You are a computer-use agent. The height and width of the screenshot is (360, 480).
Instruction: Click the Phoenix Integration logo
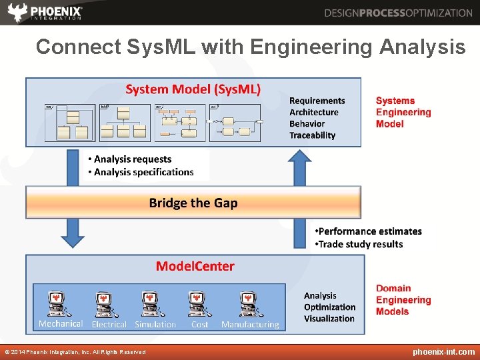click(45, 12)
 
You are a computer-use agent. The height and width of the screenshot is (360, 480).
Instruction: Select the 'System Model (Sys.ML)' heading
click(193, 89)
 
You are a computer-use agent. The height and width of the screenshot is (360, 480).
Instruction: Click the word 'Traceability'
click(312, 135)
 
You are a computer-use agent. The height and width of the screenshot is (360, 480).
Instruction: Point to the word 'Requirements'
click(317, 101)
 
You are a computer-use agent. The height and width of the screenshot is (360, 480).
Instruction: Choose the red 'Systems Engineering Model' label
click(403, 112)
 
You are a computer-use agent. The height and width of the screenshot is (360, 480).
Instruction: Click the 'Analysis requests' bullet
click(132, 159)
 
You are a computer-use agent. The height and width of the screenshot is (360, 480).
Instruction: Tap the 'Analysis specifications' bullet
click(143, 172)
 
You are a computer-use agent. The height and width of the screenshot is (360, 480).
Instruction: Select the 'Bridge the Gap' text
click(193, 203)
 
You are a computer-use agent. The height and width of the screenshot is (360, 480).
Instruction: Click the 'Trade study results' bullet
click(361, 244)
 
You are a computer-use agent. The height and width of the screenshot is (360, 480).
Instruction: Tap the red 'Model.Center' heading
click(195, 267)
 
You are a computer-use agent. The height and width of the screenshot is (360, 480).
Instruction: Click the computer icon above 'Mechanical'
click(60, 304)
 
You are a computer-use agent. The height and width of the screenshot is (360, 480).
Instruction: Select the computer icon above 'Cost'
click(198, 304)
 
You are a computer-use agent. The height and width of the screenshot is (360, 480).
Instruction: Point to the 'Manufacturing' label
click(250, 325)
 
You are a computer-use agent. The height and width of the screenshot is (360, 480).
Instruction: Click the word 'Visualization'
click(329, 319)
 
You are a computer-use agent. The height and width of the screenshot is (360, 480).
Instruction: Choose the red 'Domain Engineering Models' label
click(403, 300)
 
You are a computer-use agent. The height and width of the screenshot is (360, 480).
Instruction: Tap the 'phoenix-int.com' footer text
click(443, 351)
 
